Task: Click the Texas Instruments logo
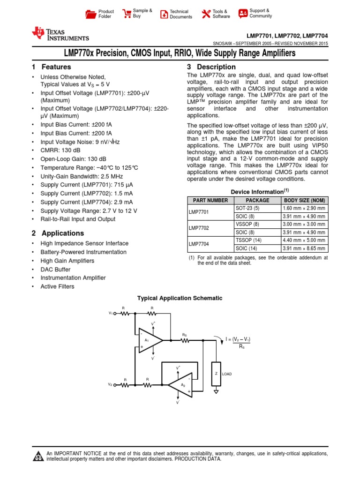(x=60, y=34)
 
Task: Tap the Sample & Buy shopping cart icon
(x=127, y=14)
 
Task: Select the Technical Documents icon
(x=164, y=14)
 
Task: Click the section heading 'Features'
(x=56, y=67)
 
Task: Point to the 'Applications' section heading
(x=63, y=233)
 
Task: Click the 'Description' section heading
(x=216, y=67)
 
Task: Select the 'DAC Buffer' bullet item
(x=55, y=270)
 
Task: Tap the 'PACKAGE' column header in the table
(x=257, y=200)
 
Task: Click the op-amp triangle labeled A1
(x=150, y=340)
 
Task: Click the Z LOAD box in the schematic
(x=216, y=374)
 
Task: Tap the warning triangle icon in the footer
(x=38, y=456)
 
